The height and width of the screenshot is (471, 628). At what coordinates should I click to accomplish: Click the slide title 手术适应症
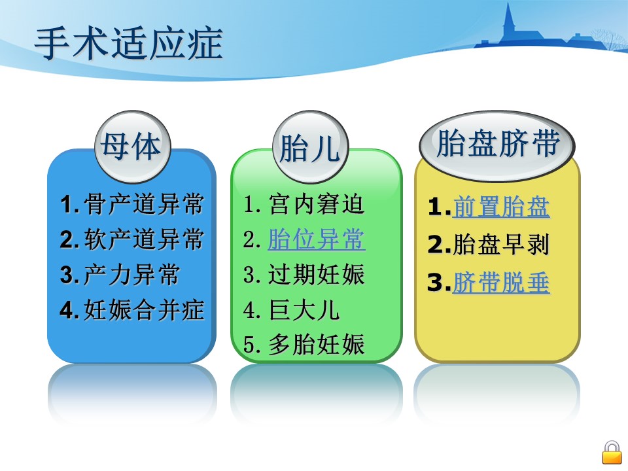pyautogui.click(x=129, y=44)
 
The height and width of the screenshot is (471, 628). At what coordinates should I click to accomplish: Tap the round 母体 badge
pyautogui.click(x=133, y=147)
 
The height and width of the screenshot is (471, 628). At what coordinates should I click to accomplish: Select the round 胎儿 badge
pyautogui.click(x=310, y=147)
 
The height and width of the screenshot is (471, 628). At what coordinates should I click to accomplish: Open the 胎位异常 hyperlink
pyautogui.click(x=316, y=239)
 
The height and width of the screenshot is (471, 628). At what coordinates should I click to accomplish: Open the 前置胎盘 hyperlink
pyautogui.click(x=500, y=207)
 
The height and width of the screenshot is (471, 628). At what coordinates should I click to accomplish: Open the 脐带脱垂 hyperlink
pyautogui.click(x=500, y=283)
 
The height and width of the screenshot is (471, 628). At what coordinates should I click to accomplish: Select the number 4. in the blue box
pyautogui.click(x=69, y=310)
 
